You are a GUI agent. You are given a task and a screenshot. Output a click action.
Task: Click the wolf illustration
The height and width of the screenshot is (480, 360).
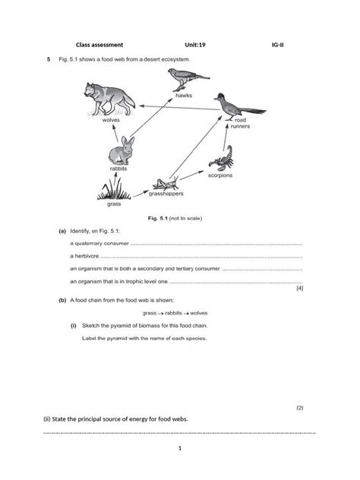click(x=109, y=99)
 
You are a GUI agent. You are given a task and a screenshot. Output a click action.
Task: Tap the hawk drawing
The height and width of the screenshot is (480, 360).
click(x=188, y=79)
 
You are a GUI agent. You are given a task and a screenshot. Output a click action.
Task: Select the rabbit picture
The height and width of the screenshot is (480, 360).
click(x=122, y=151)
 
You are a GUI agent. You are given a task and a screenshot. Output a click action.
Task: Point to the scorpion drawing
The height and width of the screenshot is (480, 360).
click(x=222, y=158)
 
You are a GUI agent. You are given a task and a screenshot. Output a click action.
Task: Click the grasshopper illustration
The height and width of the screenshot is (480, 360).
click(x=166, y=183)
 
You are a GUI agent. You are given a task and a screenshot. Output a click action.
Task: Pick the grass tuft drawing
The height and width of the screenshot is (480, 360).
click(x=114, y=191)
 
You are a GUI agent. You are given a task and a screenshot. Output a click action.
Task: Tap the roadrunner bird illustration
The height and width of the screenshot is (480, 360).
click(x=239, y=107)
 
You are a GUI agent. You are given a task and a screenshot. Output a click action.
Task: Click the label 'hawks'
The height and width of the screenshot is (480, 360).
click(x=184, y=96)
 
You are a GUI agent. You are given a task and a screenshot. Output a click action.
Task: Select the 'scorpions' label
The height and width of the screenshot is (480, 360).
click(x=220, y=175)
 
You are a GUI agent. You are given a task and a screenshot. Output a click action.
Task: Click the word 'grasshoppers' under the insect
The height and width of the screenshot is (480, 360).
click(x=166, y=194)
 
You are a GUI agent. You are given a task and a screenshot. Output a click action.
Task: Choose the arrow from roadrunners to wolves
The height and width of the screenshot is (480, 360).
click(x=180, y=108)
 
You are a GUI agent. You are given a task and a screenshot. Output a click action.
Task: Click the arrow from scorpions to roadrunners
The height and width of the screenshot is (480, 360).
click(x=226, y=134)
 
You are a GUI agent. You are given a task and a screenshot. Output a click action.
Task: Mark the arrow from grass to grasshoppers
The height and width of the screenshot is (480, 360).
click(x=141, y=194)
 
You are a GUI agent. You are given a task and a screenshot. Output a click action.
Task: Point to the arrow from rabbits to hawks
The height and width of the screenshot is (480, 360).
click(x=151, y=117)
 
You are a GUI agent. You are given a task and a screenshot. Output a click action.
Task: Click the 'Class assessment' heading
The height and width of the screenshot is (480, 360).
click(x=99, y=45)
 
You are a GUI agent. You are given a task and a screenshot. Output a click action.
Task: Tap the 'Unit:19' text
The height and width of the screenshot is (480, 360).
click(x=195, y=45)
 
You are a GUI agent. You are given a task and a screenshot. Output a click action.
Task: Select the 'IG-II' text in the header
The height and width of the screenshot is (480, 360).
click(x=278, y=45)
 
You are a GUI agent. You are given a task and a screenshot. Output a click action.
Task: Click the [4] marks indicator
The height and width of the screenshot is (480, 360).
click(x=300, y=289)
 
